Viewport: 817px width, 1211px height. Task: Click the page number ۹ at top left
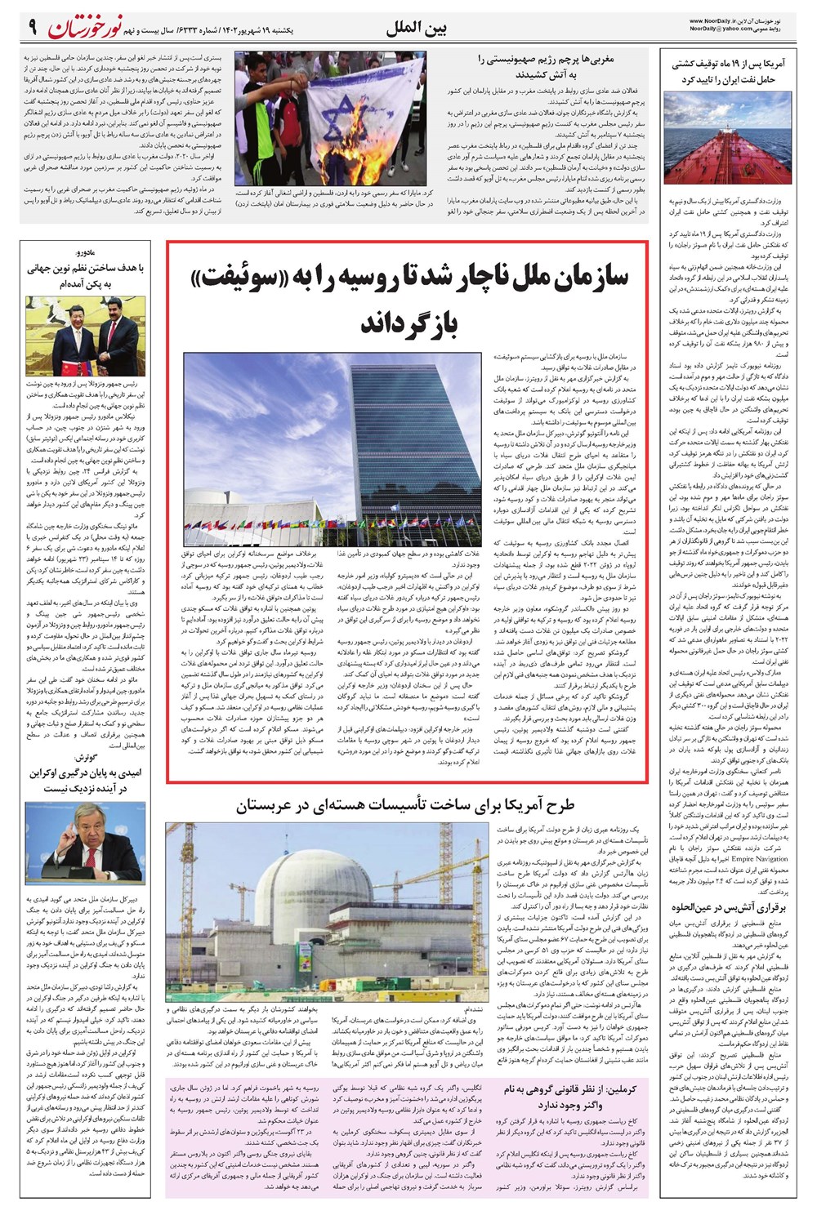coord(32,27)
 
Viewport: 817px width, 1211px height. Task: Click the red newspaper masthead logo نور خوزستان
coord(86,27)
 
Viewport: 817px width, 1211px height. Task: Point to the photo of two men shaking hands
coord(86,335)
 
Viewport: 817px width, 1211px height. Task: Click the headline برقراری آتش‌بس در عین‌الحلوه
coord(728,907)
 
